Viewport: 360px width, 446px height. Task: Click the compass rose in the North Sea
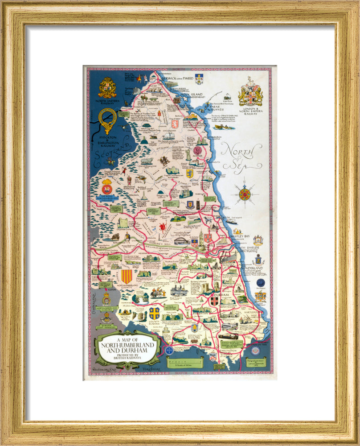[x=244, y=194]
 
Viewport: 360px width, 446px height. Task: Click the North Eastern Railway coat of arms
[x=107, y=87]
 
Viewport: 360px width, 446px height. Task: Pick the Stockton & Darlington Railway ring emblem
[x=107, y=119]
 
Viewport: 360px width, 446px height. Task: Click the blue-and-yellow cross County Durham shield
[x=154, y=313]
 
